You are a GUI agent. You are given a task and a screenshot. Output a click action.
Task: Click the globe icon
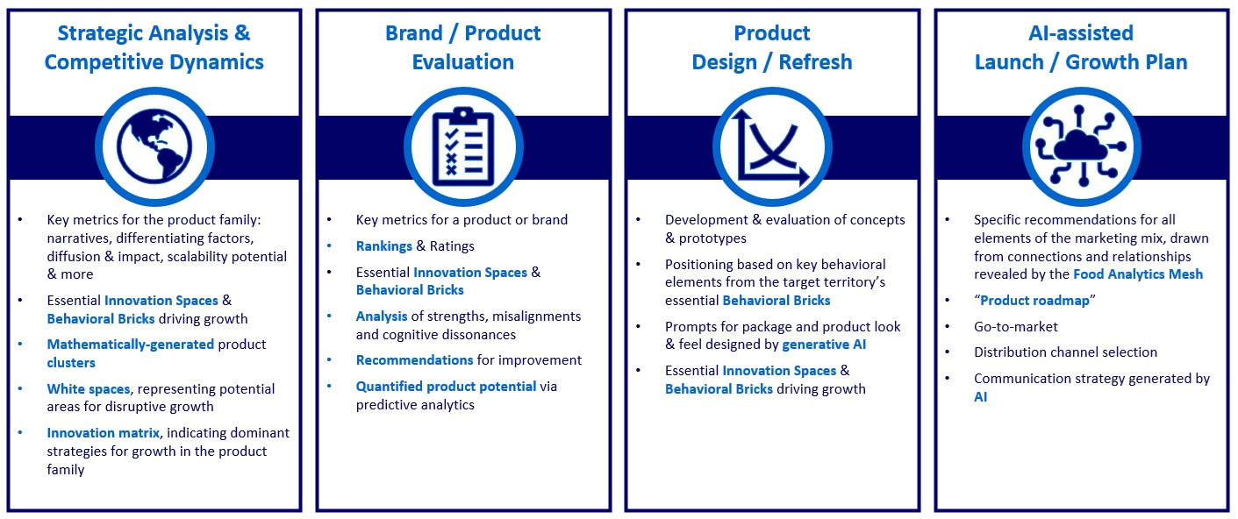[x=154, y=146]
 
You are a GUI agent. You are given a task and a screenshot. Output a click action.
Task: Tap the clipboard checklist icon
[x=463, y=146]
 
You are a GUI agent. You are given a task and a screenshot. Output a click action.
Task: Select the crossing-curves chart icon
[x=770, y=147]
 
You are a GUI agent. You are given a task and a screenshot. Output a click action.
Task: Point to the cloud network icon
[x=1080, y=146]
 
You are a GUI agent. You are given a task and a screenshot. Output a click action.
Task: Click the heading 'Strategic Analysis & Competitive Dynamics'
[x=154, y=47]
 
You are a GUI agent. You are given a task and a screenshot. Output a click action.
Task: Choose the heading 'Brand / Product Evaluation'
[x=463, y=47]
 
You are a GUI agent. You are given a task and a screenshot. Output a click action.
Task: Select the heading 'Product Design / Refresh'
[x=772, y=47]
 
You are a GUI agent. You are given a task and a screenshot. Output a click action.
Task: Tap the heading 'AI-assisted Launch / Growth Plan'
[x=1081, y=47]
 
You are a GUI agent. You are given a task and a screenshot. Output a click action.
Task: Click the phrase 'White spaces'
[x=89, y=388]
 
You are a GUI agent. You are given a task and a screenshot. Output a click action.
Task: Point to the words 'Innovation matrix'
[x=104, y=432]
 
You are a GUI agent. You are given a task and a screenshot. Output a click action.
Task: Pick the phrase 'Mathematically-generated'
[x=131, y=345]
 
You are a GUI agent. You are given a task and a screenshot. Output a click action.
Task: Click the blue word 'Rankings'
[x=384, y=246]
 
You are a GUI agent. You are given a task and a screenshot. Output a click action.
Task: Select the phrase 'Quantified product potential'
[x=446, y=387]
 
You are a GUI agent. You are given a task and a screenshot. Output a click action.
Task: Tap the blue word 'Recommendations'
[x=414, y=360]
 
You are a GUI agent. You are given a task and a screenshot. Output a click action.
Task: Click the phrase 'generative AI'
[x=824, y=345]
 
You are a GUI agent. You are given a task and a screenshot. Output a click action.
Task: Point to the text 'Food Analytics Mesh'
[x=1138, y=274]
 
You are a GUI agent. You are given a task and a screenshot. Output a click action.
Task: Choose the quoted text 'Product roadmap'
[x=1034, y=301]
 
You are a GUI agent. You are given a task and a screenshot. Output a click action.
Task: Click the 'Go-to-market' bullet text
[x=1016, y=326]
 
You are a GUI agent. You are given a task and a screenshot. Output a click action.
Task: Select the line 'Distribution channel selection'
[x=1065, y=352]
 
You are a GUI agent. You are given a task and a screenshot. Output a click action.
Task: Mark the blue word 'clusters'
[x=71, y=363]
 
